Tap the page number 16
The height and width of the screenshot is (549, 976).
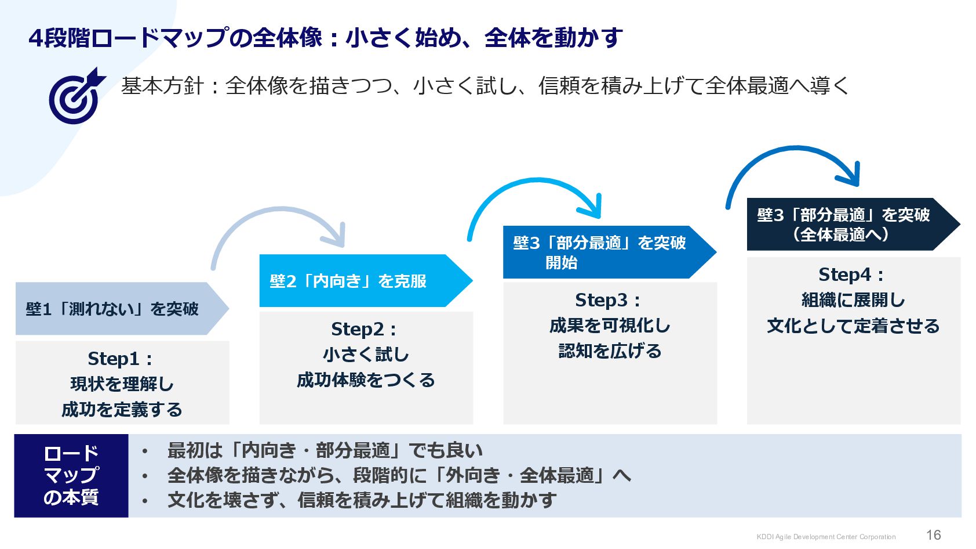point(933,535)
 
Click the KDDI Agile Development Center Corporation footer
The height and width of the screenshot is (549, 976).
point(826,537)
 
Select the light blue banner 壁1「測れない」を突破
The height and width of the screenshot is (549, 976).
point(113,309)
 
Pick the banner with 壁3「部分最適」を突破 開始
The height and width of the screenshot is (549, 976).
point(600,252)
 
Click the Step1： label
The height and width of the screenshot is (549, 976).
point(121,359)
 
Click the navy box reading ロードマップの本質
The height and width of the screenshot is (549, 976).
point(71,475)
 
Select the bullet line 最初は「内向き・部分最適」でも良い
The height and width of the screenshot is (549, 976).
point(325,450)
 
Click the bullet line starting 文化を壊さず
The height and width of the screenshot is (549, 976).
point(362,500)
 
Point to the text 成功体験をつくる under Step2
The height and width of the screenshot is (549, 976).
point(366,380)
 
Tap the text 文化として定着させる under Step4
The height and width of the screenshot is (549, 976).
point(853,326)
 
